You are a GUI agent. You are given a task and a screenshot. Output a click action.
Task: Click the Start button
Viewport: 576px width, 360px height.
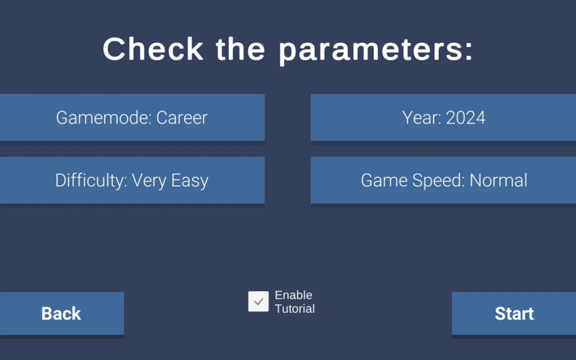514,313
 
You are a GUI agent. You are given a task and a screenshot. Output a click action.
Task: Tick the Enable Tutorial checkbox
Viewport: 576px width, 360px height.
258,302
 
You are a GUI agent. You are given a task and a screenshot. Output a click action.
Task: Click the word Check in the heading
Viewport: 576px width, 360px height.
153,49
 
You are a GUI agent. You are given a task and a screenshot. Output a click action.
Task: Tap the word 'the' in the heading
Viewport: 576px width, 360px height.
240,49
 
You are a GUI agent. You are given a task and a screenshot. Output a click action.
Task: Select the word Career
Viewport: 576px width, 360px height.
182,118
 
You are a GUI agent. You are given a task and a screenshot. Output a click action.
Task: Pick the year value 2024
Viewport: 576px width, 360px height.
465,118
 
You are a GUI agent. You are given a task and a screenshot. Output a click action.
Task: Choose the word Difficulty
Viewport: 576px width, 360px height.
91,181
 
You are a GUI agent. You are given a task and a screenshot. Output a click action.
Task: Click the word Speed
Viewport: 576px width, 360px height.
439,181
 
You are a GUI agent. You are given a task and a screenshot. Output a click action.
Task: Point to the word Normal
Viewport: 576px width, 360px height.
499,181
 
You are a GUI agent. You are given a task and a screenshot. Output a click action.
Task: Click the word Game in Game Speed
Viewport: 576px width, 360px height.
384,181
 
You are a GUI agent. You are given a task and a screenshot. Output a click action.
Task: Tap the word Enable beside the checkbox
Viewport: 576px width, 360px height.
294,295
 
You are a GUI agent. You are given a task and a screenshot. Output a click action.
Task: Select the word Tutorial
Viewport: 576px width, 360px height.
295,309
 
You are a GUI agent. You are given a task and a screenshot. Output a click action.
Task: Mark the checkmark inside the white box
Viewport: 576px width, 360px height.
259,302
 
